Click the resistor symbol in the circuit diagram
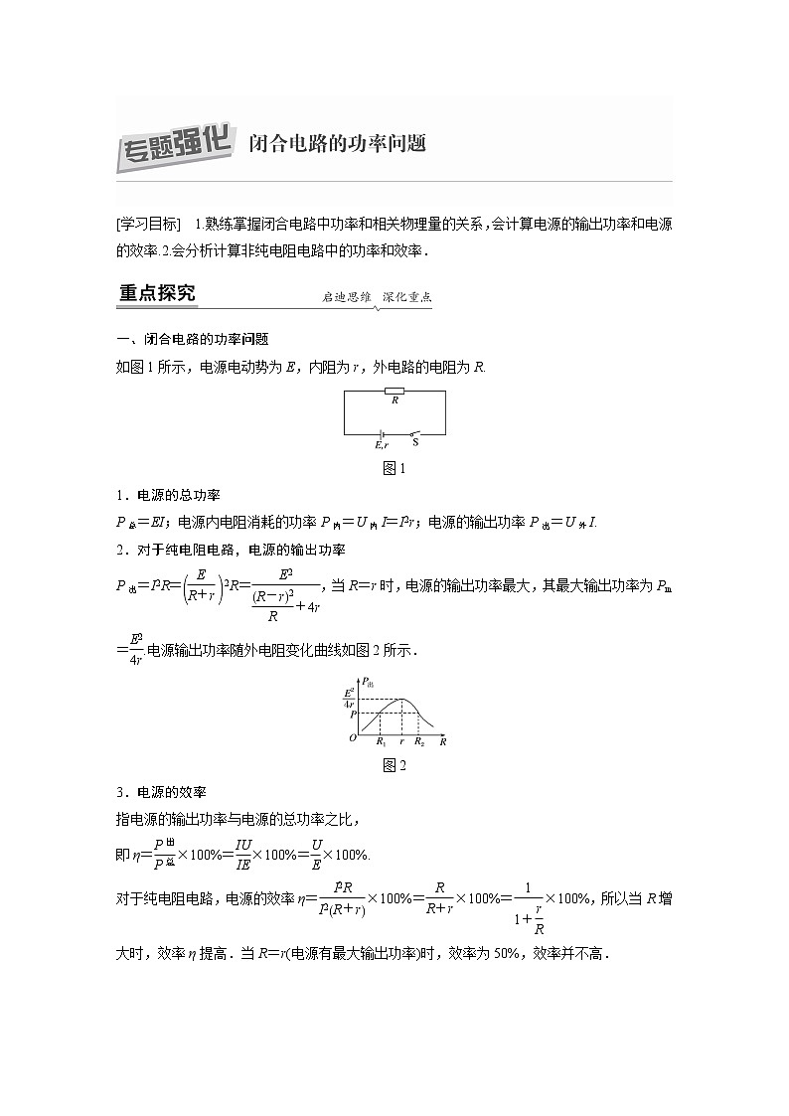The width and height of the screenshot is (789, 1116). pos(394,392)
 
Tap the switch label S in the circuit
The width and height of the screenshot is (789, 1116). pos(414,442)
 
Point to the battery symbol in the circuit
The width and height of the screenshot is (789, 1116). pos(381,434)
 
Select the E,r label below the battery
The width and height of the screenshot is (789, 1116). pos(381,445)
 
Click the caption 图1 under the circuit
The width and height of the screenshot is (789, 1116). pos(394,467)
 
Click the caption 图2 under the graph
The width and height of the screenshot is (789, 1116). pos(394,764)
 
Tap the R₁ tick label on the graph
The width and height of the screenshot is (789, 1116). pos(381,741)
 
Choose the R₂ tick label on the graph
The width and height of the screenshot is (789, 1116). pos(419,741)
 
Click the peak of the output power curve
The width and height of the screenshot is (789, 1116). pos(400,700)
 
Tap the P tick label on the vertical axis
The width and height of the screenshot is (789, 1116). pos(351,715)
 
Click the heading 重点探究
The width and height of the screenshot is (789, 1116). pos(157,293)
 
